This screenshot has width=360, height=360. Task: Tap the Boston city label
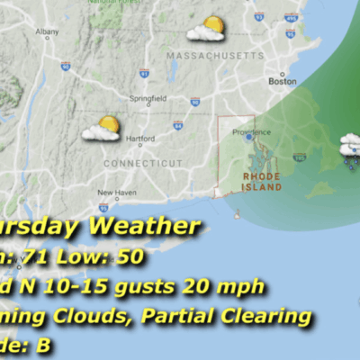coord(283,81)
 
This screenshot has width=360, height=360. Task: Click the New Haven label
coord(116,193)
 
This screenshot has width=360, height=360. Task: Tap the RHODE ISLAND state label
coord(262,182)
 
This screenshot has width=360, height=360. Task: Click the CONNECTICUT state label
coord(137,163)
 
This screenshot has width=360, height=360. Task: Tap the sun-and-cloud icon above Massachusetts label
coord(206,30)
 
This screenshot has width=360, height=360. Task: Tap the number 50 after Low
coord(130,256)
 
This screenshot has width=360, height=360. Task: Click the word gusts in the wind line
coord(154,287)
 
